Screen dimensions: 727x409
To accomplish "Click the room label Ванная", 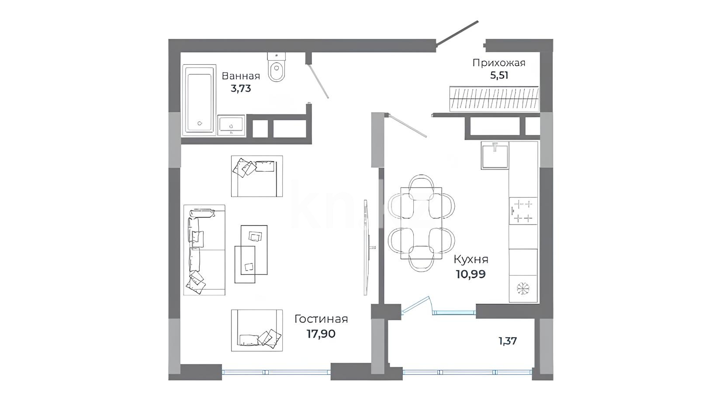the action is coord(241,76).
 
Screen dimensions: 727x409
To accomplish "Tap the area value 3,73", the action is coord(241,89).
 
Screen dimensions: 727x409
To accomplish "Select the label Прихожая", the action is coord(499,62).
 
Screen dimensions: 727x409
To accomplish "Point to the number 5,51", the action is coord(499,75).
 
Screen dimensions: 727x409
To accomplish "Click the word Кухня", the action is coord(471,260).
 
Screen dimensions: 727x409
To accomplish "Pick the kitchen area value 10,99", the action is coord(471,274).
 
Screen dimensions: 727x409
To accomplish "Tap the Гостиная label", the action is coord(321,319).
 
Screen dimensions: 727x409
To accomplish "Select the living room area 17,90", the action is coord(321,334).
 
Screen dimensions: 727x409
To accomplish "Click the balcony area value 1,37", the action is coord(508,341).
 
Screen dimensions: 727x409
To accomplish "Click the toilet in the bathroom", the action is coord(277,66).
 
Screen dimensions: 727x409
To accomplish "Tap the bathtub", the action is coord(199,100).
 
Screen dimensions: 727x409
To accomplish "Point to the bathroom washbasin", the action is coord(231,125).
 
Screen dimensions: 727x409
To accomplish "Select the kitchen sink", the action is coord(495,156).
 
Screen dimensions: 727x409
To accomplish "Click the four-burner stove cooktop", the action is coord(523,211).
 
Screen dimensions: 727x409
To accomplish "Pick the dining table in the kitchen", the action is coord(421,223).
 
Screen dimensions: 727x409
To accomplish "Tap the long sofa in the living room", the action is coord(204,250).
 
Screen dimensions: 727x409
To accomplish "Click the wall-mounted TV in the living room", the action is coord(366,247).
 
